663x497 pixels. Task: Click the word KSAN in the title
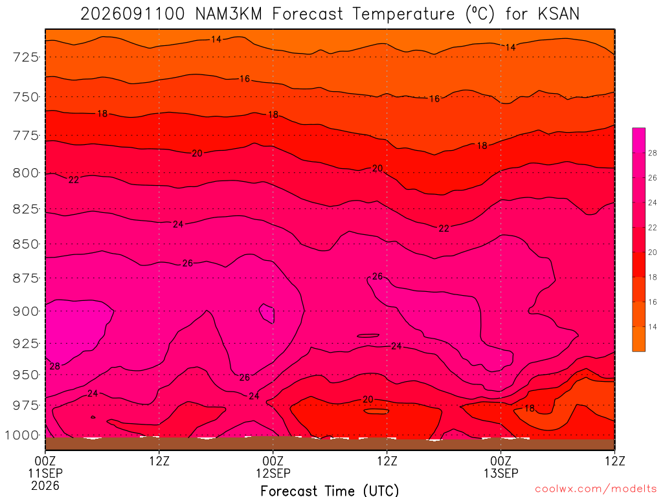coord(558,14)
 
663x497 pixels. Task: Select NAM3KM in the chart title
coord(229,14)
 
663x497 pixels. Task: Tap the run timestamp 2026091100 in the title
coord(132,14)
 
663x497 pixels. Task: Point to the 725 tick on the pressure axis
coord(26,57)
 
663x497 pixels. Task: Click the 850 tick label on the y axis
coord(26,244)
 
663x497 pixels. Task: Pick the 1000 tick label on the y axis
coord(21,435)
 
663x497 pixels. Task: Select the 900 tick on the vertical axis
coord(26,311)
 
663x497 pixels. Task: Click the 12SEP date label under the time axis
coord(273,473)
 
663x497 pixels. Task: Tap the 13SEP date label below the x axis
coord(500,473)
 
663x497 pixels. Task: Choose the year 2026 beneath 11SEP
coord(45,485)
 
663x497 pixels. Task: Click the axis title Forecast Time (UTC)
coord(330,491)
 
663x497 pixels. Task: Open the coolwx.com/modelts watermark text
coord(596,489)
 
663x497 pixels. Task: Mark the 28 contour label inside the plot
coord(55,366)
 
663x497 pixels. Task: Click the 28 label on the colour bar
coord(653,153)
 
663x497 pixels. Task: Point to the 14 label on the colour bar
coord(653,327)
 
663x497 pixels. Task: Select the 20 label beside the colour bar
coord(653,252)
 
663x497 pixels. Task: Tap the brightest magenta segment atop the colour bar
coord(638,140)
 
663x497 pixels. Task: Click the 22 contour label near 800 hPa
coord(74,180)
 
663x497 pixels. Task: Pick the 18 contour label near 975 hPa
coord(530,408)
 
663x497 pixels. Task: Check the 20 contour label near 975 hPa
coord(368,399)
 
